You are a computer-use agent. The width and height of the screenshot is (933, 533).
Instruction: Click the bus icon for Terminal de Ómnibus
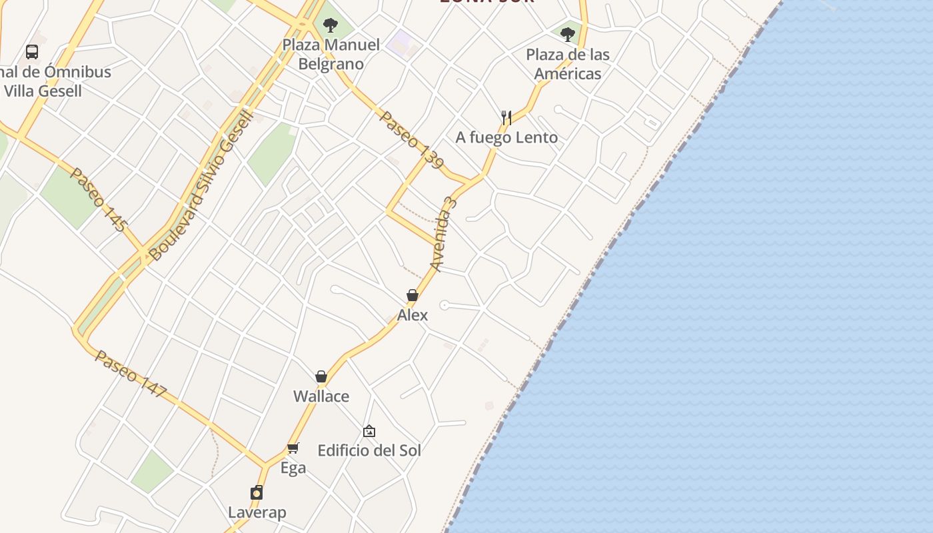[x=31, y=51]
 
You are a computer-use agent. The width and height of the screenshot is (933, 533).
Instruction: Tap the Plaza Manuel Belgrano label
[x=331, y=55]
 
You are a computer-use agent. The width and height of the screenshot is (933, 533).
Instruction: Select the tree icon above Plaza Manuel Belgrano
[x=330, y=26]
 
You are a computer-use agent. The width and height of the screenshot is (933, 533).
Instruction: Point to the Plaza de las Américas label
[x=568, y=64]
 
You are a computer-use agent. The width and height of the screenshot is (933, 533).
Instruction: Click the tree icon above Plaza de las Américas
[x=568, y=34]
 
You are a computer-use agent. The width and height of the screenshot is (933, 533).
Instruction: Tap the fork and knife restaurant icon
[x=506, y=118]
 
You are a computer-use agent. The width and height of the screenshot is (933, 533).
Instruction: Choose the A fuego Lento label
[x=506, y=137]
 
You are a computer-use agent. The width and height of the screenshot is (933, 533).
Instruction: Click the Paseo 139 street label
[x=411, y=139]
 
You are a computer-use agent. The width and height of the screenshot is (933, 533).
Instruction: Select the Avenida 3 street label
[x=444, y=233]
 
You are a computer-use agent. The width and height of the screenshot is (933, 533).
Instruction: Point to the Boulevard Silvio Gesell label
[x=201, y=186]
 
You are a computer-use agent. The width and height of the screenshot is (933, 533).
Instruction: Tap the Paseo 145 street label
[x=98, y=199]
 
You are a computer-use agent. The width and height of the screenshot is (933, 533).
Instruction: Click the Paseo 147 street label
[x=131, y=374]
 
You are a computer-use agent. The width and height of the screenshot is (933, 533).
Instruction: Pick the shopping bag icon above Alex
[x=413, y=295]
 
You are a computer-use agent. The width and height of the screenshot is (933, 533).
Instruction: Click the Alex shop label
[x=413, y=314]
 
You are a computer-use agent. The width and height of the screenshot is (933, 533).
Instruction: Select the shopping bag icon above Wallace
[x=321, y=376]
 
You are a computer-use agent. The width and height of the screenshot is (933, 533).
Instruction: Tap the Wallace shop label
[x=321, y=396]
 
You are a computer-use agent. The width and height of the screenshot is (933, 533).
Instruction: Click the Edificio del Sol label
[x=369, y=450]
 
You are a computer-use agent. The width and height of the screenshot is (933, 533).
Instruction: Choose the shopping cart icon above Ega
[x=293, y=448]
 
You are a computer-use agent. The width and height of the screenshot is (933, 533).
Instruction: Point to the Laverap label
[x=257, y=512]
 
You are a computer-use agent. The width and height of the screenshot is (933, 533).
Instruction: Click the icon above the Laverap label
[x=257, y=492]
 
